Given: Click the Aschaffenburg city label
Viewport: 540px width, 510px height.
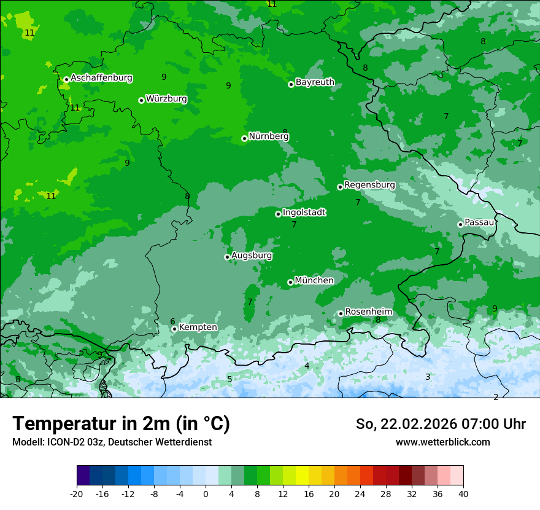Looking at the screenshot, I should tap(101, 78).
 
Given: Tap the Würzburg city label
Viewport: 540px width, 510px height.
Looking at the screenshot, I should tap(166, 99).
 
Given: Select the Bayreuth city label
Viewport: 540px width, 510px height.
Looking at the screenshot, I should tap(315, 82).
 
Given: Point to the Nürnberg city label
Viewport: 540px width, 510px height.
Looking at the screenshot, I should tap(269, 136).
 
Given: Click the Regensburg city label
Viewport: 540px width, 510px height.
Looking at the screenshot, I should tap(369, 185).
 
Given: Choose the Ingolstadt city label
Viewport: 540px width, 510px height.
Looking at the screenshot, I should tap(304, 213).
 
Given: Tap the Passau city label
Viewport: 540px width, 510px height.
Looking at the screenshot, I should tap(479, 222).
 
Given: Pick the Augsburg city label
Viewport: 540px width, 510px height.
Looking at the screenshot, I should tap(252, 256).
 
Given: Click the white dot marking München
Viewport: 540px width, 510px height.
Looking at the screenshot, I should tap(290, 283).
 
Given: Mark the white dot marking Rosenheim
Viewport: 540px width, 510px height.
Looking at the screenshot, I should tap(341, 314).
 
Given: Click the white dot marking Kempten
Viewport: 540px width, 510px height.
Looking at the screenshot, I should tap(174, 329).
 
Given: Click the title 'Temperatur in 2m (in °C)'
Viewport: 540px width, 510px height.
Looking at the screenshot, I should tap(121, 424).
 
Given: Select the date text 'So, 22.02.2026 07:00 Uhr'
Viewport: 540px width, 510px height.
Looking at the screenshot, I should tap(441, 424).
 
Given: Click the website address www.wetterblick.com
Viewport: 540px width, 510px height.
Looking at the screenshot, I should tap(442, 442).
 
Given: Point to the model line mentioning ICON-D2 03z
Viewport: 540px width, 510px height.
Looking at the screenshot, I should tap(112, 442).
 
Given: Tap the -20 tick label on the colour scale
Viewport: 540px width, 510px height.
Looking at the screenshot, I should tap(77, 494).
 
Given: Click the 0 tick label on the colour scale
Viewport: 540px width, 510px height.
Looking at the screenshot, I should tap(206, 494).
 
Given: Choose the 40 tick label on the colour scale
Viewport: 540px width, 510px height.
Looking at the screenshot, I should tap(463, 494).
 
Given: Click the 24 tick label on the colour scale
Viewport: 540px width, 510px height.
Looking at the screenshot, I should tap(360, 494).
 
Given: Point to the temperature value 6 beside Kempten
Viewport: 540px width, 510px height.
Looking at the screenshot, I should tap(172, 321).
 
